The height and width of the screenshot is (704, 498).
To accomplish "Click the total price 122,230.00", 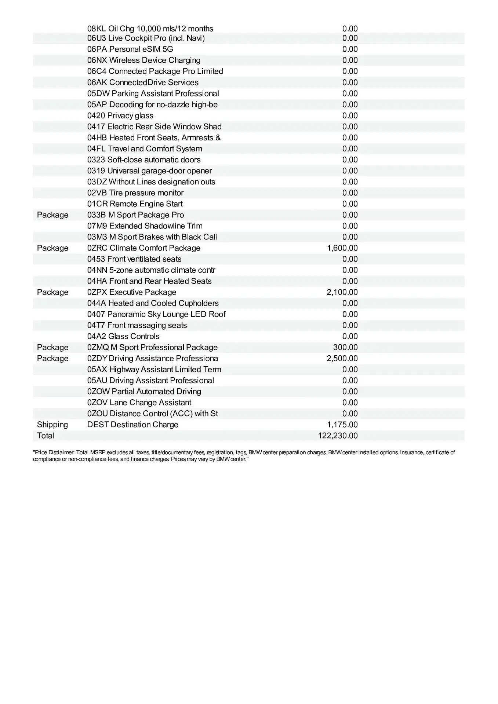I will click(x=338, y=436).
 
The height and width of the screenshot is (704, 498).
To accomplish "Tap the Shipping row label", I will click(x=52, y=425).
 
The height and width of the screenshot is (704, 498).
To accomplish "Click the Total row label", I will click(x=46, y=436).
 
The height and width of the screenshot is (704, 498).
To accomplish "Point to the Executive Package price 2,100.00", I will click(x=342, y=292).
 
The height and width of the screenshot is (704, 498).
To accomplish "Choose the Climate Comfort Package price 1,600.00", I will click(x=342, y=248).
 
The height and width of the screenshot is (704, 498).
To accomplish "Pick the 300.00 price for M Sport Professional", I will click(x=345, y=347).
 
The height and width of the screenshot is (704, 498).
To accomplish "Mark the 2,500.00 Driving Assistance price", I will click(x=342, y=358).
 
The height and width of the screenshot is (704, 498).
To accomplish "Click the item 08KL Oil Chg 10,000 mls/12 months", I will click(x=150, y=29).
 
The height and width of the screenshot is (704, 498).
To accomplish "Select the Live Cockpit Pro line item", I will click(x=146, y=38).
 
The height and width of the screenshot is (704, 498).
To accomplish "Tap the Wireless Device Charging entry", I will click(x=144, y=60).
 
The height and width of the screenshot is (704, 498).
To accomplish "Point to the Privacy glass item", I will click(x=120, y=115).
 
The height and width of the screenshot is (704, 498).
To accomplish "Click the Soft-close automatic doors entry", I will click(x=144, y=160).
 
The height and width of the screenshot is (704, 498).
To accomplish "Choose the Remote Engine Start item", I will click(x=135, y=204).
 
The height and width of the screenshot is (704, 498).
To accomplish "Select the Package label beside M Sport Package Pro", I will click(x=52, y=215).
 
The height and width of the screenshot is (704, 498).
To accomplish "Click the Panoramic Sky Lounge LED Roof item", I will click(x=156, y=314).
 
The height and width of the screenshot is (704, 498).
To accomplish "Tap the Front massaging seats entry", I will click(x=137, y=325).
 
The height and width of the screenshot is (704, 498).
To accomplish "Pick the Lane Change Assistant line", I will click(x=139, y=403).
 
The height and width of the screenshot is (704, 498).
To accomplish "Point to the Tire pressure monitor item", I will click(x=135, y=193).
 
